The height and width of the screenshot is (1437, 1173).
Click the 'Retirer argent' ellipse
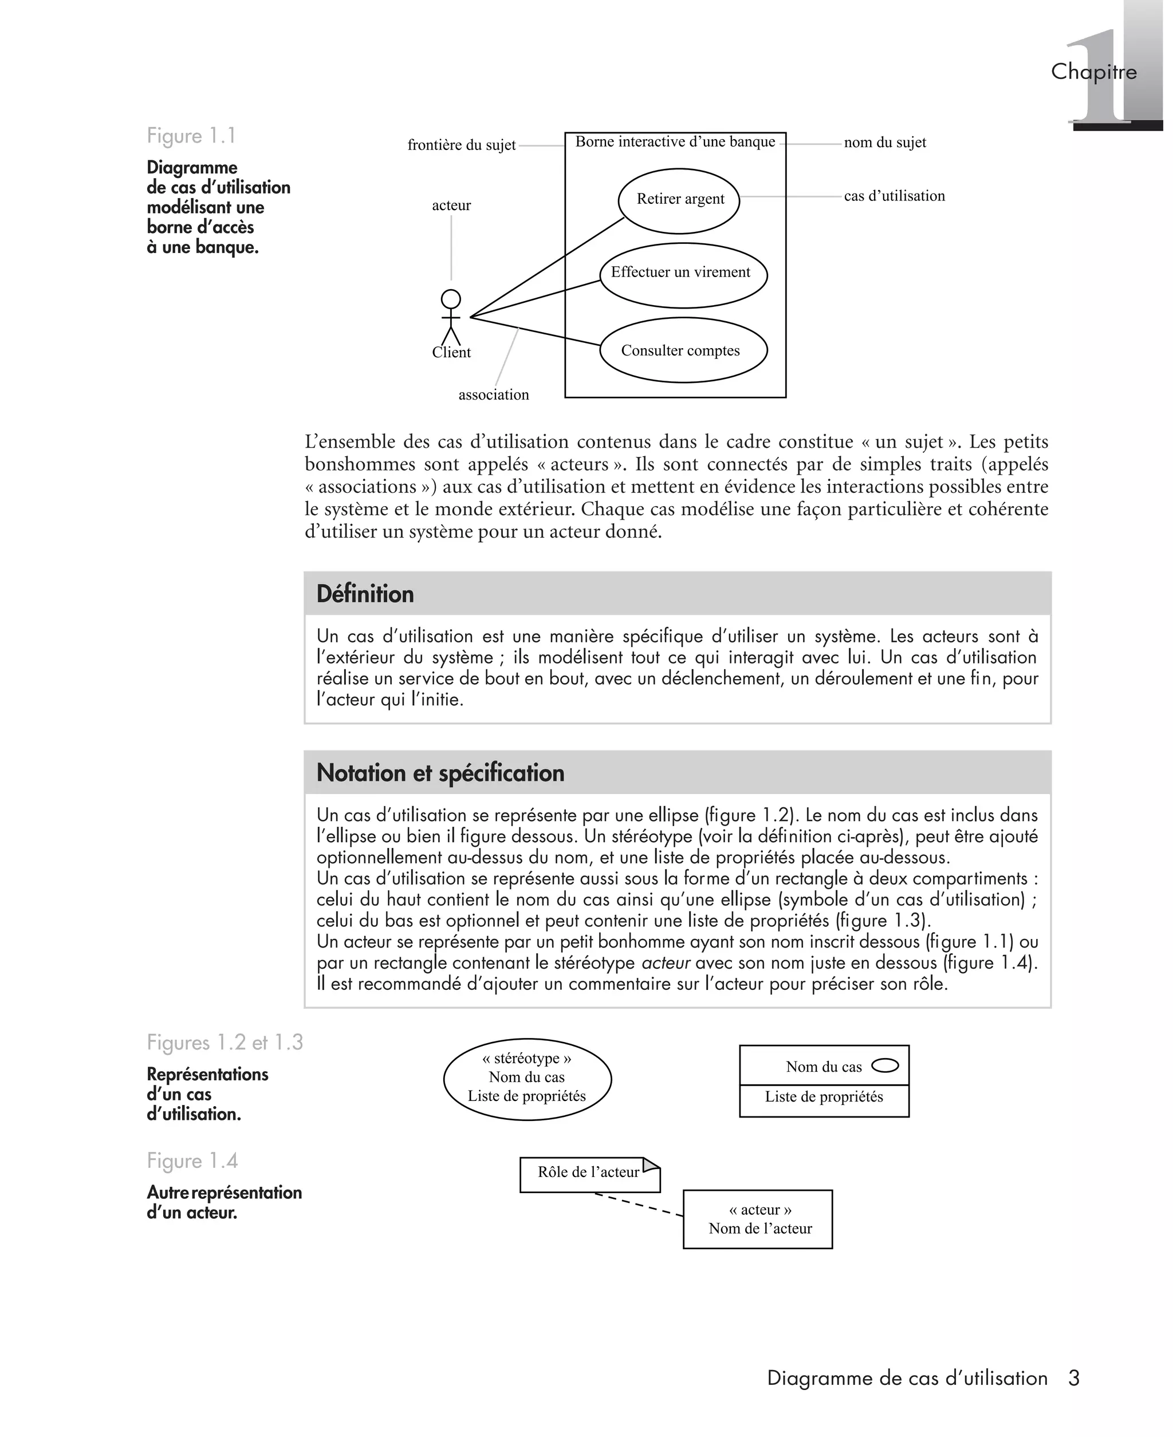pos(679,200)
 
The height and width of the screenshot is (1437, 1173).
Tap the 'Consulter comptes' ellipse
pos(683,350)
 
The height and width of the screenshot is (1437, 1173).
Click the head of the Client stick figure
pos(451,298)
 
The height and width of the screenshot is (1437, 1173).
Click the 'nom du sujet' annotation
pos(884,143)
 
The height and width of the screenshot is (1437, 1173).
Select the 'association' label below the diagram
pos(493,395)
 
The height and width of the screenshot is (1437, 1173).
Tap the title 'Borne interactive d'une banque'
pos(675,142)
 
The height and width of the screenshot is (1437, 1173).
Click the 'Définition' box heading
pos(365,594)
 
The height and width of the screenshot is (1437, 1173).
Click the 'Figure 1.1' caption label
pos(191,136)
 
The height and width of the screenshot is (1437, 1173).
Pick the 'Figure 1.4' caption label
pos(192,1161)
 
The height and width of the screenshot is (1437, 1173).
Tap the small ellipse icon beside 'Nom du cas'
pos(885,1065)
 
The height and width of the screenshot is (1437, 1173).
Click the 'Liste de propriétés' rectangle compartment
pos(824,1097)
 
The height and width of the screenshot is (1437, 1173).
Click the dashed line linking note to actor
pos(639,1205)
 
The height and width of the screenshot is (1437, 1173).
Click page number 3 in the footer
pos(1074,1378)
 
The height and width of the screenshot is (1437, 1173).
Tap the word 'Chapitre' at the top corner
pos(1093,72)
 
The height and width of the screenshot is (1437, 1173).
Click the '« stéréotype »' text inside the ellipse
pos(526,1058)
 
